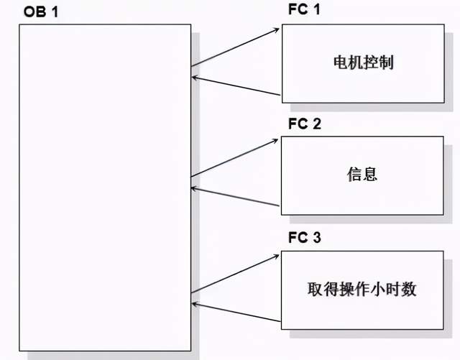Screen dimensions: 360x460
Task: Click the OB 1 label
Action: (41, 12)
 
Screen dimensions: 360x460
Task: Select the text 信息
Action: (362, 174)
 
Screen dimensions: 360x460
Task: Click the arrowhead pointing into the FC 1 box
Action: (277, 30)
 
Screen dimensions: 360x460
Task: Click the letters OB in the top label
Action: (34, 12)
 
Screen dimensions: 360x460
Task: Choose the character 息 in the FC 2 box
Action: (370, 174)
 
